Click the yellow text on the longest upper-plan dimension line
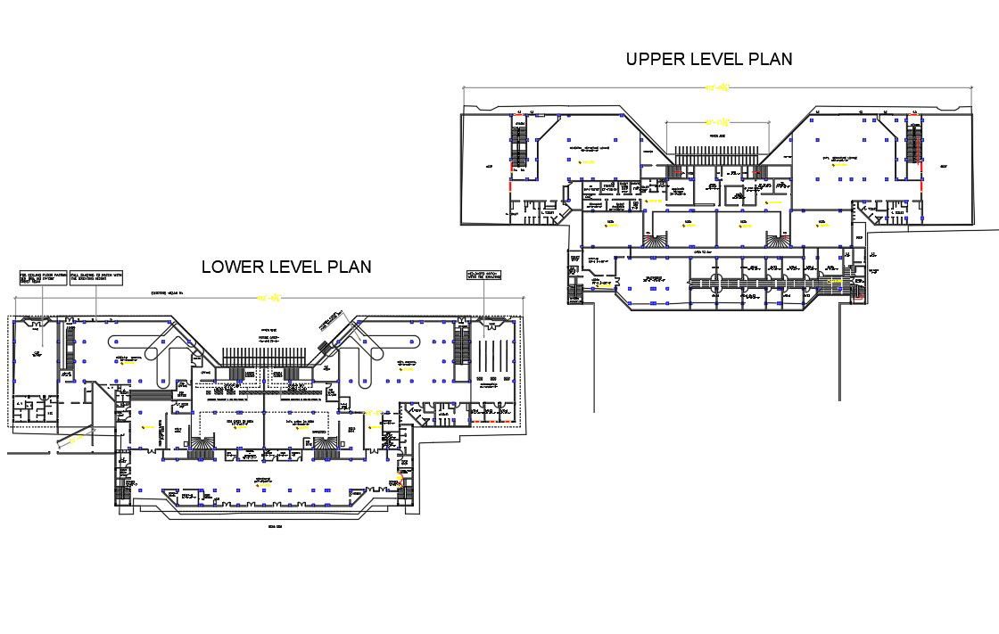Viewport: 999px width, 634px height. click(718, 87)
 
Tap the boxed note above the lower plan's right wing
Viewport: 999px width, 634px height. click(483, 276)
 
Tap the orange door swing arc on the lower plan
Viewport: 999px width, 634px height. click(400, 479)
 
